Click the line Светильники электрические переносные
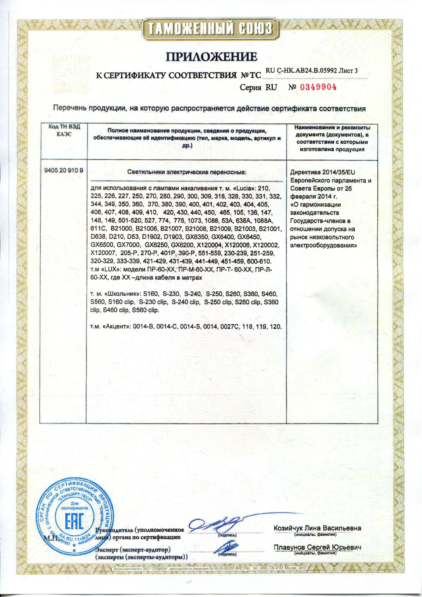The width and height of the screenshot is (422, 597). point(187,172)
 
